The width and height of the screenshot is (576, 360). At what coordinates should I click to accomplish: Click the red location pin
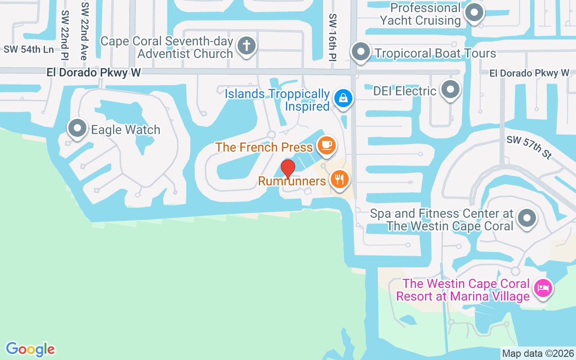(288, 169)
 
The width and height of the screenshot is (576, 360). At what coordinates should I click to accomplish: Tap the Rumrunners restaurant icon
(340, 179)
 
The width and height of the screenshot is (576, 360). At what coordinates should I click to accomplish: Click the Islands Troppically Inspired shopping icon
(343, 98)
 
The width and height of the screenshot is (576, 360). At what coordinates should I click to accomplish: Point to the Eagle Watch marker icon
(77, 128)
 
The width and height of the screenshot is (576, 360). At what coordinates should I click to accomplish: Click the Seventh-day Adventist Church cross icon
(246, 45)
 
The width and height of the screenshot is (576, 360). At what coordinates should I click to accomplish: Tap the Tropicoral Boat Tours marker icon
(360, 52)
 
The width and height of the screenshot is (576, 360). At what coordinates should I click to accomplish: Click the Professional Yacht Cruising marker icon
(473, 13)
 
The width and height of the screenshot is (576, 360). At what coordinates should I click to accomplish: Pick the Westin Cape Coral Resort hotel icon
(543, 288)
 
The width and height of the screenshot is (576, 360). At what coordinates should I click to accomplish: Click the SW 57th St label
(529, 147)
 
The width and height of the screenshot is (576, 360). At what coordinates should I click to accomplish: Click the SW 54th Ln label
(29, 49)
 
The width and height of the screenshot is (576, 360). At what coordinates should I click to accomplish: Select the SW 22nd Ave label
(84, 30)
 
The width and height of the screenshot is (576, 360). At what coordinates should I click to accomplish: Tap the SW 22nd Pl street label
(65, 35)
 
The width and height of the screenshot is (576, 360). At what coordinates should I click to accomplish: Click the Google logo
(30, 349)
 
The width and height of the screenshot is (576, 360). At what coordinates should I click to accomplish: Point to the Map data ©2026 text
(538, 353)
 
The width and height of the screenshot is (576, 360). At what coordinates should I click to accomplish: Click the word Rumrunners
(292, 181)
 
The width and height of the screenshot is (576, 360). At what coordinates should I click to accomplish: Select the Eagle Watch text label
(126, 130)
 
